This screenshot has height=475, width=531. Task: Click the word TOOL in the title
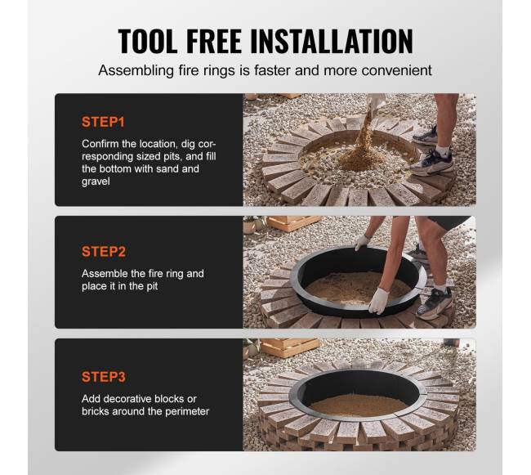tap(148, 41)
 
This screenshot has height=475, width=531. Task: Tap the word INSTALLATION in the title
tap(332, 41)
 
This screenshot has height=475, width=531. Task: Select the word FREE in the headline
tap(214, 41)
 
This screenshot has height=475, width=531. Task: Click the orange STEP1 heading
tap(103, 122)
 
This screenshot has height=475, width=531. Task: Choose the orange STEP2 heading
tap(104, 251)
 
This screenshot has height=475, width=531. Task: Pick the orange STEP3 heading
tap(104, 377)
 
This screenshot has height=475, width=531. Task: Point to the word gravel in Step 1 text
tap(96, 181)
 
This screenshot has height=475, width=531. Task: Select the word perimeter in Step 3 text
tap(187, 411)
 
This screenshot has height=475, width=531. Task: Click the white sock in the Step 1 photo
tap(444, 150)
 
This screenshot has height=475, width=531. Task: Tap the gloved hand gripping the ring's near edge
tap(379, 300)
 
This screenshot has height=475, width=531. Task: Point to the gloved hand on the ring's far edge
tap(363, 242)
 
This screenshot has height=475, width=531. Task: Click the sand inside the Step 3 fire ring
tap(359, 405)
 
